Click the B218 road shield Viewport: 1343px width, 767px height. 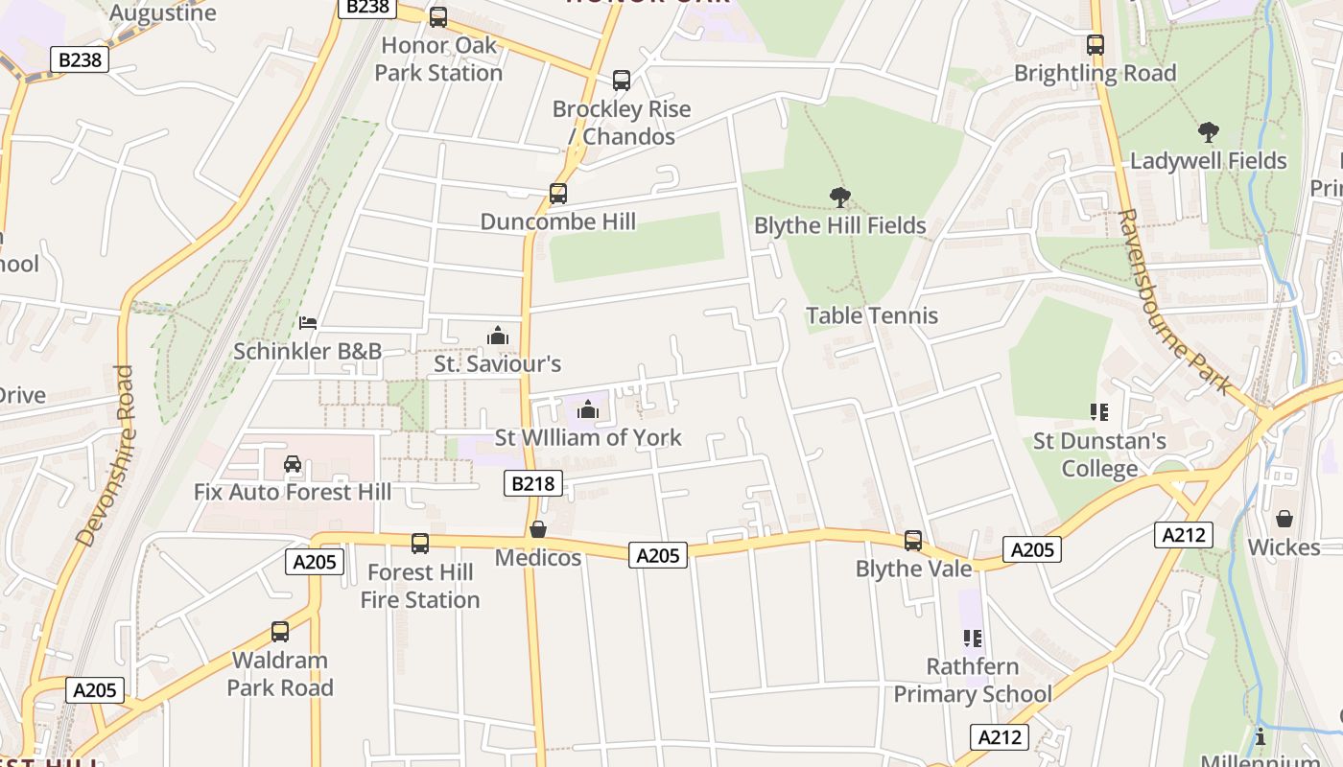click(x=532, y=483)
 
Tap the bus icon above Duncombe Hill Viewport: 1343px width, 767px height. click(x=557, y=194)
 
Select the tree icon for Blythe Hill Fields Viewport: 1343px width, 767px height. click(x=840, y=198)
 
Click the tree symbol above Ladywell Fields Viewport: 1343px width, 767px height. click(x=1208, y=132)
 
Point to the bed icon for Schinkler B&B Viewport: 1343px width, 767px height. click(x=308, y=323)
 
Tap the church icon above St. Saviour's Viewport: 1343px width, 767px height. click(x=498, y=336)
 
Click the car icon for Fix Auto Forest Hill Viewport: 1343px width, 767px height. click(x=293, y=464)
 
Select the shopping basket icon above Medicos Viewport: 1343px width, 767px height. click(x=538, y=529)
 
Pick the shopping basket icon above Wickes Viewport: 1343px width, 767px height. click(x=1284, y=519)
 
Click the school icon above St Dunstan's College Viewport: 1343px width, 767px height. click(x=1099, y=412)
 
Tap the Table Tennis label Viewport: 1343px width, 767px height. click(x=872, y=315)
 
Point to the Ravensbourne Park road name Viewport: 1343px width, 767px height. click(x=1174, y=302)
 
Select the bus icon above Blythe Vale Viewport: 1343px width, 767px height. click(x=913, y=541)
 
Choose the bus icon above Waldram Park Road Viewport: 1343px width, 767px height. click(x=280, y=632)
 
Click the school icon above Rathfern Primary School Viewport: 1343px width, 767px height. click(x=973, y=638)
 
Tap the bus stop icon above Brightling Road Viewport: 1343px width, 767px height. click(x=1095, y=45)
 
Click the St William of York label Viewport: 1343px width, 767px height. click(x=588, y=437)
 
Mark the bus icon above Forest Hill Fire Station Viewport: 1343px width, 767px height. click(x=420, y=544)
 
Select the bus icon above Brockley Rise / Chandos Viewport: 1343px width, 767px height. click(x=622, y=81)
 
